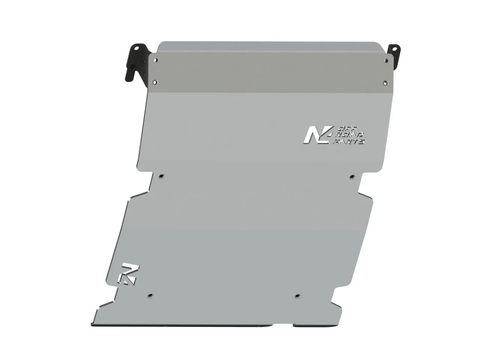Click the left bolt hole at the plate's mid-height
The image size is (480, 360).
(x=161, y=176)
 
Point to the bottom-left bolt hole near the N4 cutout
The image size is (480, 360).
(x=150, y=295)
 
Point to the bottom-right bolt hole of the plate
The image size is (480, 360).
(x=297, y=295)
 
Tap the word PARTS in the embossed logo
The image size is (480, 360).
(x=351, y=141)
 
